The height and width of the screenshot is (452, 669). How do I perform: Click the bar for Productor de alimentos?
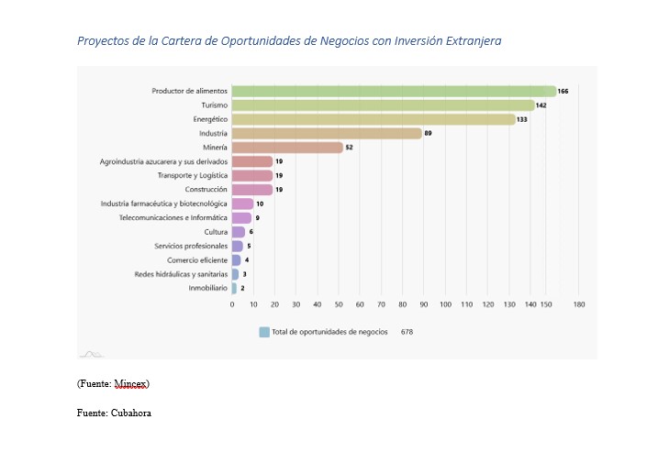pos(394,91)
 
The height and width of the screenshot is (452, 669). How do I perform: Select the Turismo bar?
pos(383,105)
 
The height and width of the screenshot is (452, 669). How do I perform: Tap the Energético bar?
pos(374,119)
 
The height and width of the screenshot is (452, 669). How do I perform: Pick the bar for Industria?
pos(326,134)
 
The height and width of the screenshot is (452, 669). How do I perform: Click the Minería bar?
pos(287,148)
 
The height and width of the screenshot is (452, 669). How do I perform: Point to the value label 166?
pos(563,91)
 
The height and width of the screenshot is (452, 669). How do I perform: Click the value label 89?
pos(428,134)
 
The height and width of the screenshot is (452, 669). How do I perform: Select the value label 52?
pos(350,148)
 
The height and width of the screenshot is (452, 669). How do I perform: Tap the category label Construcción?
pos(206,190)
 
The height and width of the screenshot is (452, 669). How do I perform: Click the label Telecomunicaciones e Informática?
pos(173,218)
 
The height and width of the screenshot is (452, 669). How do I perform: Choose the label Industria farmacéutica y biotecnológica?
pos(164,204)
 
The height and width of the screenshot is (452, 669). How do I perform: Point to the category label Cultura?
pos(216,232)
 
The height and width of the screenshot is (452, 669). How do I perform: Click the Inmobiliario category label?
pos(208,288)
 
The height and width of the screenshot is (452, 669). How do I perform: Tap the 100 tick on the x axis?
pos(445,303)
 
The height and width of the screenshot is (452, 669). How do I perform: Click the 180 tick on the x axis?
pos(578,303)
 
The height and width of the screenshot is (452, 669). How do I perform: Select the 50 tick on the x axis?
pos(339,303)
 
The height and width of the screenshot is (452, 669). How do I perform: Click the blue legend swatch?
pos(264,332)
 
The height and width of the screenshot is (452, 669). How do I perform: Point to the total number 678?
pos(407,332)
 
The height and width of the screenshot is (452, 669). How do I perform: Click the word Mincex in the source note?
pos(130,382)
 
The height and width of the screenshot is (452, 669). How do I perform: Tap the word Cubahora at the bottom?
pos(130,413)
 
